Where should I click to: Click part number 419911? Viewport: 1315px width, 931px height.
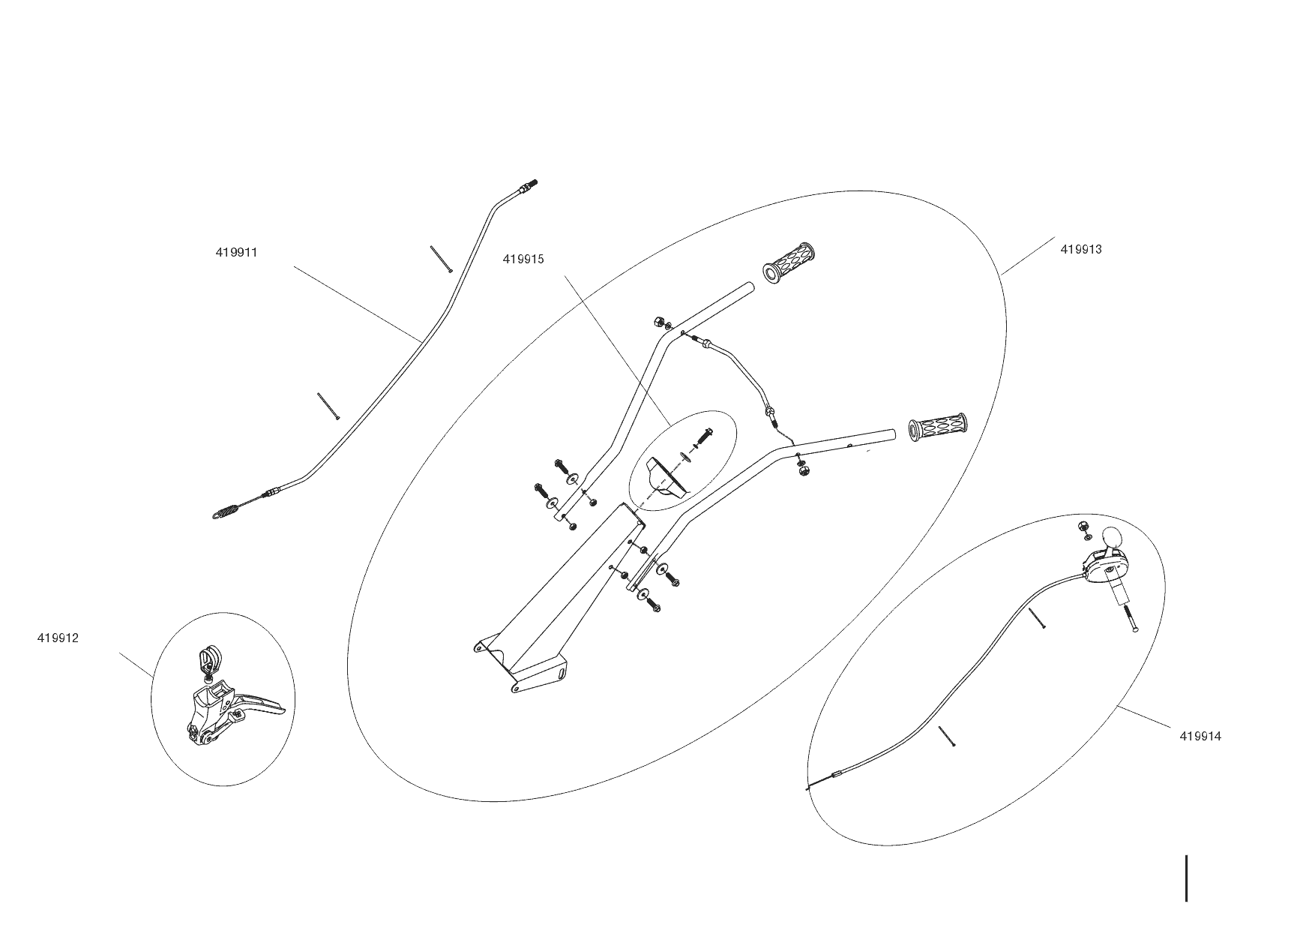[x=236, y=253]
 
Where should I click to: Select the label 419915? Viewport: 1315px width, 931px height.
[x=523, y=260]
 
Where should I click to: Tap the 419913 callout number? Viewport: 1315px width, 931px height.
[x=1080, y=250]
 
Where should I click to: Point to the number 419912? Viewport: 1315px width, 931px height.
[x=58, y=638]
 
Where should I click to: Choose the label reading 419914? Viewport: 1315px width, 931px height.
[x=1200, y=737]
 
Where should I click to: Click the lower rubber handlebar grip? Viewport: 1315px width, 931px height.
[x=937, y=428]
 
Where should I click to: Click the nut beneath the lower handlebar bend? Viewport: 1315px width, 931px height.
[x=803, y=470]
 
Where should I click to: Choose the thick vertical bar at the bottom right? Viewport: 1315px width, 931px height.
[x=1186, y=878]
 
